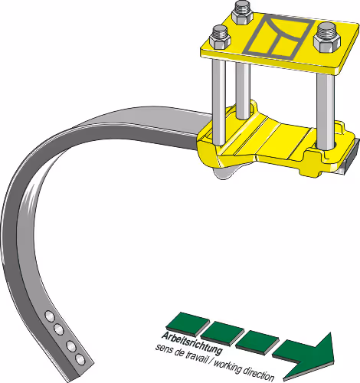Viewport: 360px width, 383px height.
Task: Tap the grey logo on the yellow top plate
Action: pyautogui.click(x=278, y=35)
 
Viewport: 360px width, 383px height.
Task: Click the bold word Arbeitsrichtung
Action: pyautogui.click(x=191, y=343)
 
